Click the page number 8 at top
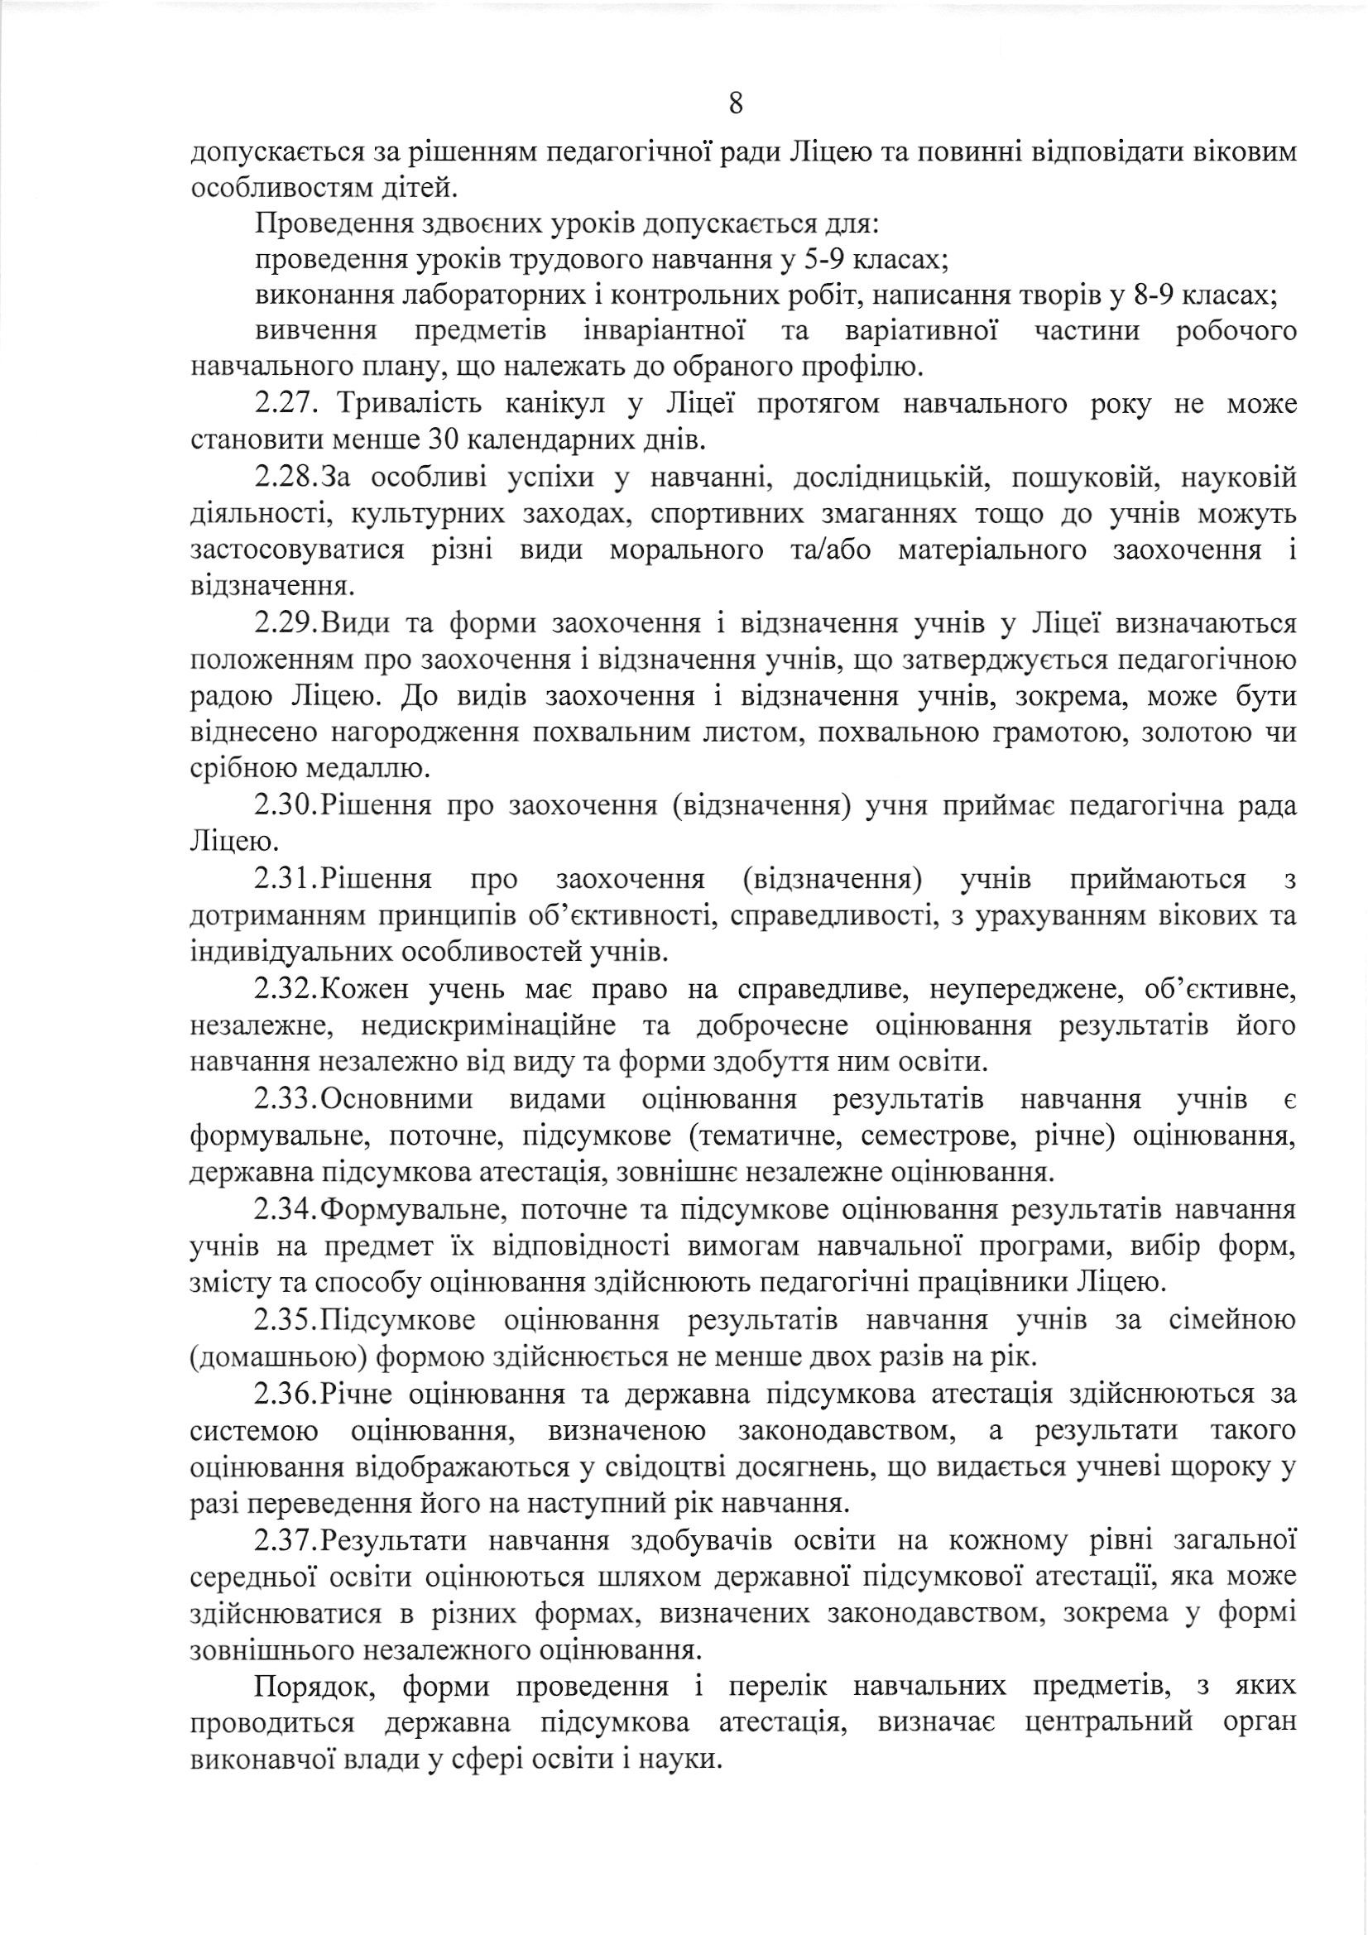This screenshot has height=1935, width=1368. (735, 103)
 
